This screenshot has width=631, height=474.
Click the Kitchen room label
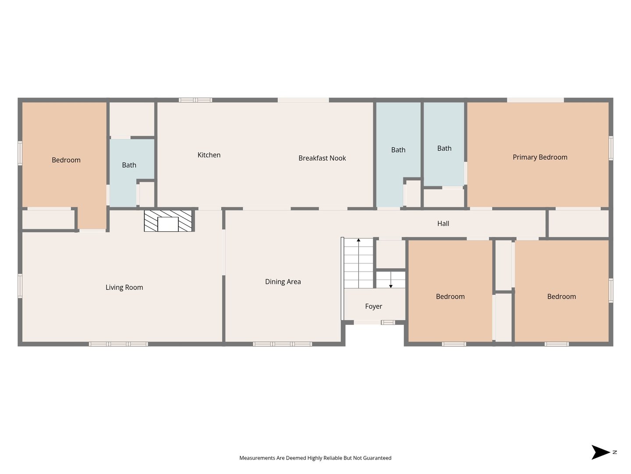(x=209, y=155)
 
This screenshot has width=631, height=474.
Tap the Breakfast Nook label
(x=322, y=158)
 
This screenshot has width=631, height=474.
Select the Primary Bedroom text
(x=540, y=157)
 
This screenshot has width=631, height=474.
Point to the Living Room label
(x=124, y=287)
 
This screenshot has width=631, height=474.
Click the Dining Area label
(x=283, y=281)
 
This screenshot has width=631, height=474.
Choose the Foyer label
(x=373, y=306)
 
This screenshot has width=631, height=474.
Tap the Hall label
(x=443, y=223)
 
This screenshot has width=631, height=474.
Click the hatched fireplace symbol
(x=168, y=220)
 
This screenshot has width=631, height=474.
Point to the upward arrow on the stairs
(x=358, y=263)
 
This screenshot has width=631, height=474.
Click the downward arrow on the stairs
(x=391, y=280)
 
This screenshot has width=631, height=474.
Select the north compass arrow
(x=600, y=452)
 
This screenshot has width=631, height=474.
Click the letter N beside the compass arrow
(x=615, y=452)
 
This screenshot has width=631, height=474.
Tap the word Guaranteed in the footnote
(x=377, y=458)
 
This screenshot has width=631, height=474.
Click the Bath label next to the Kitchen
(x=129, y=165)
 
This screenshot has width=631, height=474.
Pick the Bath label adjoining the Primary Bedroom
(x=444, y=148)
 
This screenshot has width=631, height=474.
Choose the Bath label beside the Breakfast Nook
(x=398, y=150)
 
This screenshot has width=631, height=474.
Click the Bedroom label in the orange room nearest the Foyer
(x=450, y=296)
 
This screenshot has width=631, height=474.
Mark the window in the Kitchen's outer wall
(x=195, y=100)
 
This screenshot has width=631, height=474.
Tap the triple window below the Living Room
(x=118, y=344)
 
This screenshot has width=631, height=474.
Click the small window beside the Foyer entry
(x=388, y=322)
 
